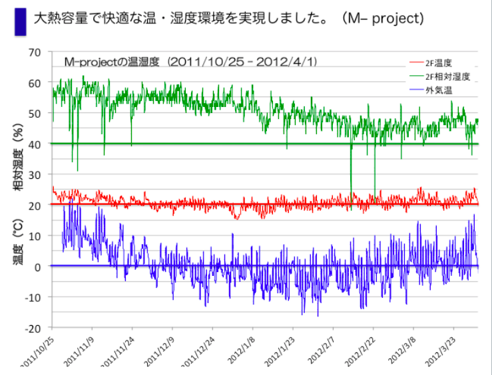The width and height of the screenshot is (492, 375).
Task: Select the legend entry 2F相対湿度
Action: [x=447, y=76]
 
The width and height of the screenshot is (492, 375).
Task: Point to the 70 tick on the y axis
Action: [x=35, y=52]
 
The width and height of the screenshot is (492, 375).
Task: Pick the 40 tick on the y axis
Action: [x=35, y=144]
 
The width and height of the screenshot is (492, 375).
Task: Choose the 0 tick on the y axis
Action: [x=38, y=267]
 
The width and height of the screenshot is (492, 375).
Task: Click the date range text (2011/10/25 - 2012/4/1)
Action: [x=242, y=62]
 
